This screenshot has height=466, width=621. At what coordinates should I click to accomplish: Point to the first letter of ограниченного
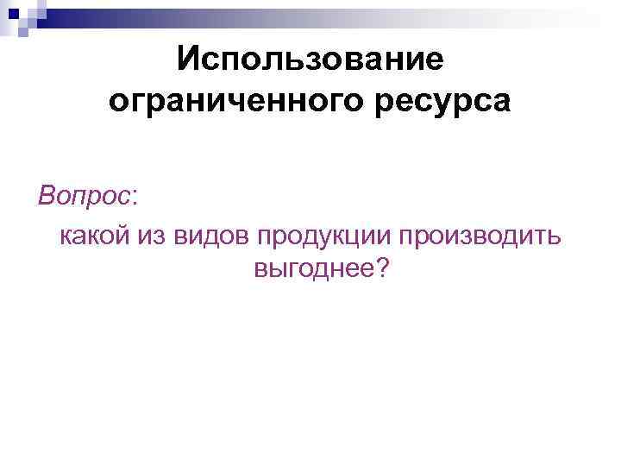pyautogui.click(x=119, y=104)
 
